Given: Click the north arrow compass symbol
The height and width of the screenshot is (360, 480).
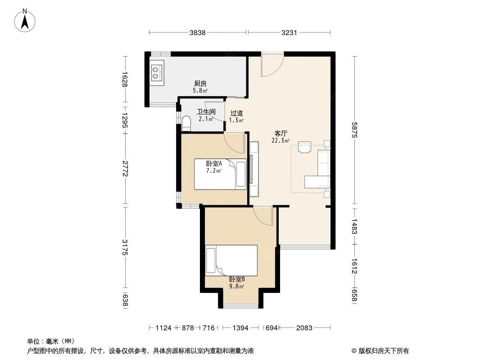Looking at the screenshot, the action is tap(25, 21).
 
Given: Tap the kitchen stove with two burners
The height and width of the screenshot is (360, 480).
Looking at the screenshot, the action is tap(157, 72).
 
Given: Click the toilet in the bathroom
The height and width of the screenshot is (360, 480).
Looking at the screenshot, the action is tap(186, 124).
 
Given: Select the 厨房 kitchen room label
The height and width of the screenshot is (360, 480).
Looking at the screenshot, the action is tap(200, 84).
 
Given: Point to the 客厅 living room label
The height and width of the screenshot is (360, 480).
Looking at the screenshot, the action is tap(281, 134).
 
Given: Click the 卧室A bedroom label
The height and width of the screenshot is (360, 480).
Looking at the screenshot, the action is tap(214, 164).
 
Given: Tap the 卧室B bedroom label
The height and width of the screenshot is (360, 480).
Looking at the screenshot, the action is tap(237, 279).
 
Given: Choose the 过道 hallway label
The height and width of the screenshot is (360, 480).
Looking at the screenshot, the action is tap(237, 113).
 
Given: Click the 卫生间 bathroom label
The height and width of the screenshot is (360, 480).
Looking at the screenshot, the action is tap(206, 112).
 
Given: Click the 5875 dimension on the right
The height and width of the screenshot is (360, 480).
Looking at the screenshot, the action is tap(354, 130).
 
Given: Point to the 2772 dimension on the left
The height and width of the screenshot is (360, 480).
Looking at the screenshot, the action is tap(125, 169).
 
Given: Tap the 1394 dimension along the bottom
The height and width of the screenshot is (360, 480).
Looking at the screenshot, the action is tap(240, 328).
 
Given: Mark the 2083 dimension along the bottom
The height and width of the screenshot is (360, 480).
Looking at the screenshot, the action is tap(304, 328).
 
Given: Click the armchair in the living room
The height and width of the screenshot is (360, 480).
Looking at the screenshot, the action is tap(304, 147).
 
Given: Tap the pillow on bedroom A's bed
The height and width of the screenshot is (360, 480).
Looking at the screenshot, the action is tap(241, 174).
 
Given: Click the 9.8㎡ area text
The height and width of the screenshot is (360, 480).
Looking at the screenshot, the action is tap(237, 287).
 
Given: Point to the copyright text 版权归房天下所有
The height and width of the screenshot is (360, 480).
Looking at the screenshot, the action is tap(384, 351).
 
